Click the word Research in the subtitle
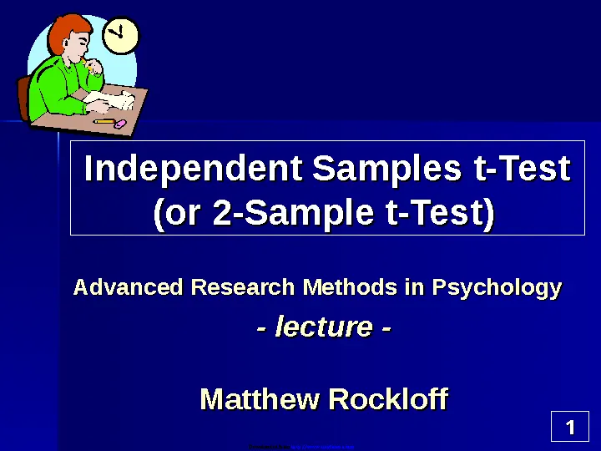pyautogui.click(x=243, y=288)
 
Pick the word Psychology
pyautogui.click(x=496, y=288)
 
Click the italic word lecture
pyautogui.click(x=324, y=327)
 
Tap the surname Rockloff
pyautogui.click(x=388, y=399)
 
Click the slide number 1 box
pyautogui.click(x=570, y=429)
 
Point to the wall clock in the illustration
pyautogui.click(x=122, y=36)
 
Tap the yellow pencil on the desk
pyautogui.click(x=104, y=121)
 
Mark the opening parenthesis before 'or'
pyautogui.click(x=159, y=215)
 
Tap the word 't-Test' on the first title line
pyautogui.click(x=521, y=170)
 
